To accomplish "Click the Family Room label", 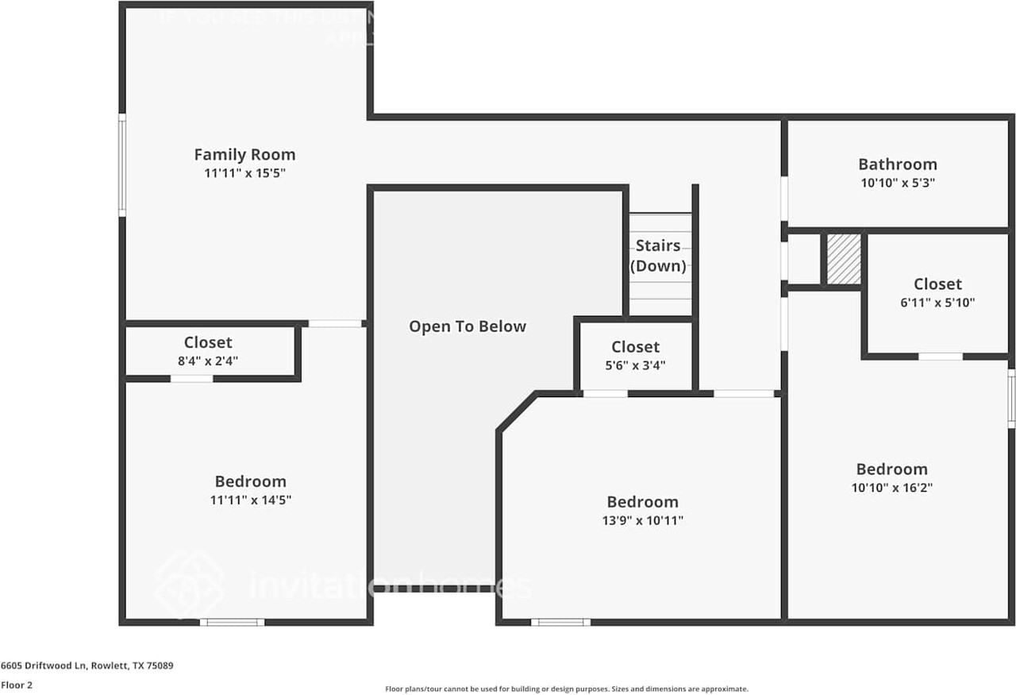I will point(244,155).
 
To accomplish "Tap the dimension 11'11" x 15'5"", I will point(244,173).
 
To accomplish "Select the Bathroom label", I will point(897,164).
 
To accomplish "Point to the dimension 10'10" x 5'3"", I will point(897,183).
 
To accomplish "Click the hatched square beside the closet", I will point(844,258).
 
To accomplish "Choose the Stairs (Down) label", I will point(658,256).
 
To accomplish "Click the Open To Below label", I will point(468,326).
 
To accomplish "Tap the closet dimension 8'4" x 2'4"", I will point(208,361).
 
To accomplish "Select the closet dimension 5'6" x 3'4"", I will point(635,365).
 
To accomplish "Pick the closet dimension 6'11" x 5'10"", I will point(937,303).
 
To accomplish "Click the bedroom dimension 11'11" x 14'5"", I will point(250,500).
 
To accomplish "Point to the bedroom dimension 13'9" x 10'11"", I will point(642,521).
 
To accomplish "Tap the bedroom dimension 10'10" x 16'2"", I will point(891,488).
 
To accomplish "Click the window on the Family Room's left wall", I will point(122,164).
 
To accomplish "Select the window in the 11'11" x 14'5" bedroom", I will point(232,622).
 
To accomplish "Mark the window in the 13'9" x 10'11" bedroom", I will point(560,622).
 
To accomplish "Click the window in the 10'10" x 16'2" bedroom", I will point(1011,398).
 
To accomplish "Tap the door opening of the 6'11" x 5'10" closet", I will point(941,357).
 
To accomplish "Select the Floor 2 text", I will point(17,685).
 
